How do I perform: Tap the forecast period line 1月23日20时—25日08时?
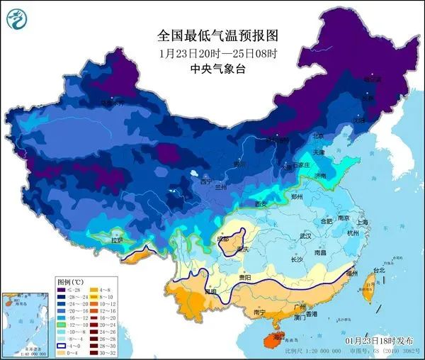(212, 52)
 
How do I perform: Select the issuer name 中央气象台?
(212, 69)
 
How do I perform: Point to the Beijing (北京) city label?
(299, 136)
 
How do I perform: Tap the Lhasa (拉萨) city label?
(116, 240)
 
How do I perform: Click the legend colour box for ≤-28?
(60, 291)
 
